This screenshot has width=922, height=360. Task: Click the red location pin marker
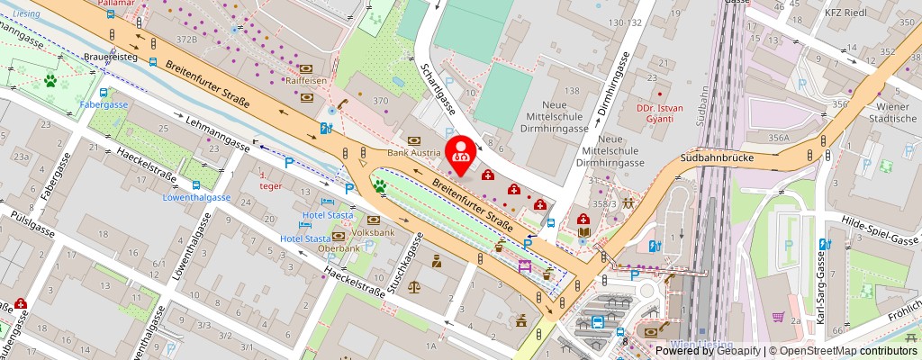(x=461, y=153)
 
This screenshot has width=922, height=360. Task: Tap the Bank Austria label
(x=412, y=153)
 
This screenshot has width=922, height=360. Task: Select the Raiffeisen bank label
(x=305, y=80)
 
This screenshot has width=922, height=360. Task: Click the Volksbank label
(x=373, y=231)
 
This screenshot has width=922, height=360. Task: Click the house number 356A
(x=779, y=138)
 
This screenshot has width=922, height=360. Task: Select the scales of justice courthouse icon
(x=413, y=287)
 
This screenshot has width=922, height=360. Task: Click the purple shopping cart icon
(x=778, y=317)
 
